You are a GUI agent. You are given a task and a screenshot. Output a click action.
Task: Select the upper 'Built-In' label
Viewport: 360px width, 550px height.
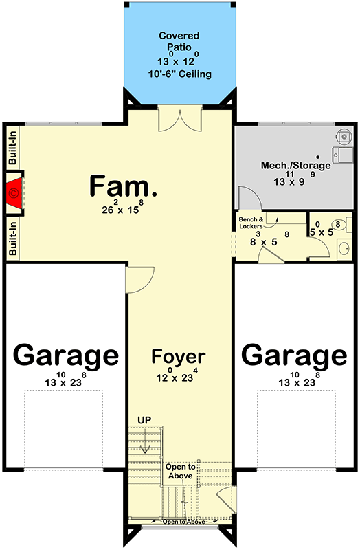tap(13, 148)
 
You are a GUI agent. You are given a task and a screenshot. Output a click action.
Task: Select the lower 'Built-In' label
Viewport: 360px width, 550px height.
tap(13, 238)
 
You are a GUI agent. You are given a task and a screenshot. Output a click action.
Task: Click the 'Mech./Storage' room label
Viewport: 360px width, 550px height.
tap(296, 166)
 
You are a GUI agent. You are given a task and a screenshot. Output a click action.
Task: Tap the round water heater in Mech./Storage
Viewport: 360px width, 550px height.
tap(339, 137)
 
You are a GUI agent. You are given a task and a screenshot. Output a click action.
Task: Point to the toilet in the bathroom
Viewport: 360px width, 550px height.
tap(338, 224)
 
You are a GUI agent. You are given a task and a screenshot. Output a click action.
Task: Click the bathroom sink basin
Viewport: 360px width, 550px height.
tap(344, 247)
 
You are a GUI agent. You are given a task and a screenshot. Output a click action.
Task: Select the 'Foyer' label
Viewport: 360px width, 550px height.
tap(179, 357)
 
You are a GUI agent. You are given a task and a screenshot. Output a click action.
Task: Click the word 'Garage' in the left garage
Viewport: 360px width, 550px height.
tap(66, 356)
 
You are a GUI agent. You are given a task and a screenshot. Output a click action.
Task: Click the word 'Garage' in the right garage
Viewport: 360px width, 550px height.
tap(294, 356)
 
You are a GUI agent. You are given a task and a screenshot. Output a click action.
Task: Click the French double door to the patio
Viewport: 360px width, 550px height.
tap(179, 120)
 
